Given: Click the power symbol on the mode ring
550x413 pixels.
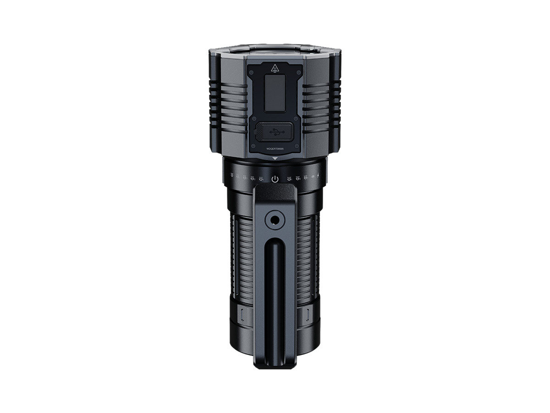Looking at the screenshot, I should (275, 179).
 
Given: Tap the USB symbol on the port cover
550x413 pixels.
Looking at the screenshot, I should (275, 131).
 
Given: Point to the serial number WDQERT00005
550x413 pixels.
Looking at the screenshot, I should (275, 148).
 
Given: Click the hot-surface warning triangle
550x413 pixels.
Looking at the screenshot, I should (275, 69).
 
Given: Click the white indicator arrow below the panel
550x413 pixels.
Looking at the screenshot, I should (275, 159).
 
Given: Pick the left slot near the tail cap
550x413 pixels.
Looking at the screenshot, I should (243, 315).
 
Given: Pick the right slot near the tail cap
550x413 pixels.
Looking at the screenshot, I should (306, 315).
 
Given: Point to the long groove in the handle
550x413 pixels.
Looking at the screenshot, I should (275, 294).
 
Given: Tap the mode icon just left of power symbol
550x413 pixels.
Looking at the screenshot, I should (261, 179).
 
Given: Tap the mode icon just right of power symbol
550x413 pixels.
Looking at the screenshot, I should (288, 179).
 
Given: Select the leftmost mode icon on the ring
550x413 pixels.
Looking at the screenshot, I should (231, 175).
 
